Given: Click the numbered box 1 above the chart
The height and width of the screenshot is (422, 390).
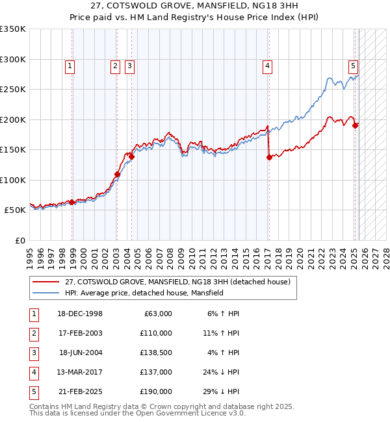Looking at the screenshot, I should click(x=70, y=65).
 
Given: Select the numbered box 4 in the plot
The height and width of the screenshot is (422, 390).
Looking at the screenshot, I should click(x=267, y=65).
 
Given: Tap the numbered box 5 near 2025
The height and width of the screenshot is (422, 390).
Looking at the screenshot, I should click(x=353, y=65).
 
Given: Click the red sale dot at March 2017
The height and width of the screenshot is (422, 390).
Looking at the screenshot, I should click(x=269, y=157).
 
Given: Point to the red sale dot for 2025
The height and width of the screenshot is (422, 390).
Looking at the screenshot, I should click(x=355, y=125).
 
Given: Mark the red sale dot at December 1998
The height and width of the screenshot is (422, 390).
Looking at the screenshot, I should click(x=71, y=202).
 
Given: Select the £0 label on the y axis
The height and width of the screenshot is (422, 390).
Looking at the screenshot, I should click(x=20, y=240).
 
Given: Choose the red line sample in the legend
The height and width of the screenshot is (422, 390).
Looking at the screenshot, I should click(x=47, y=282).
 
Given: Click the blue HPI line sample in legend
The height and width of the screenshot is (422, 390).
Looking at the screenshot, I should click(x=47, y=293).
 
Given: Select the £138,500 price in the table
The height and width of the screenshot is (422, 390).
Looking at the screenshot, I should click(x=156, y=353).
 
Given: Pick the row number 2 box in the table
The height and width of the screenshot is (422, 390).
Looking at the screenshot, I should click(x=32, y=333).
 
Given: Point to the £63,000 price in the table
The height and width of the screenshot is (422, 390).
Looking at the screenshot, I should click(x=158, y=314).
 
